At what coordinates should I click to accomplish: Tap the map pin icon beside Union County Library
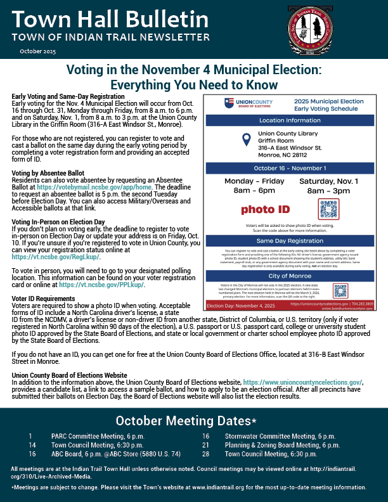[244, 140]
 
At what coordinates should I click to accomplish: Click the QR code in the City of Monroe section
[340, 290]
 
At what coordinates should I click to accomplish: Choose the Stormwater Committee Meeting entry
[280, 436]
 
